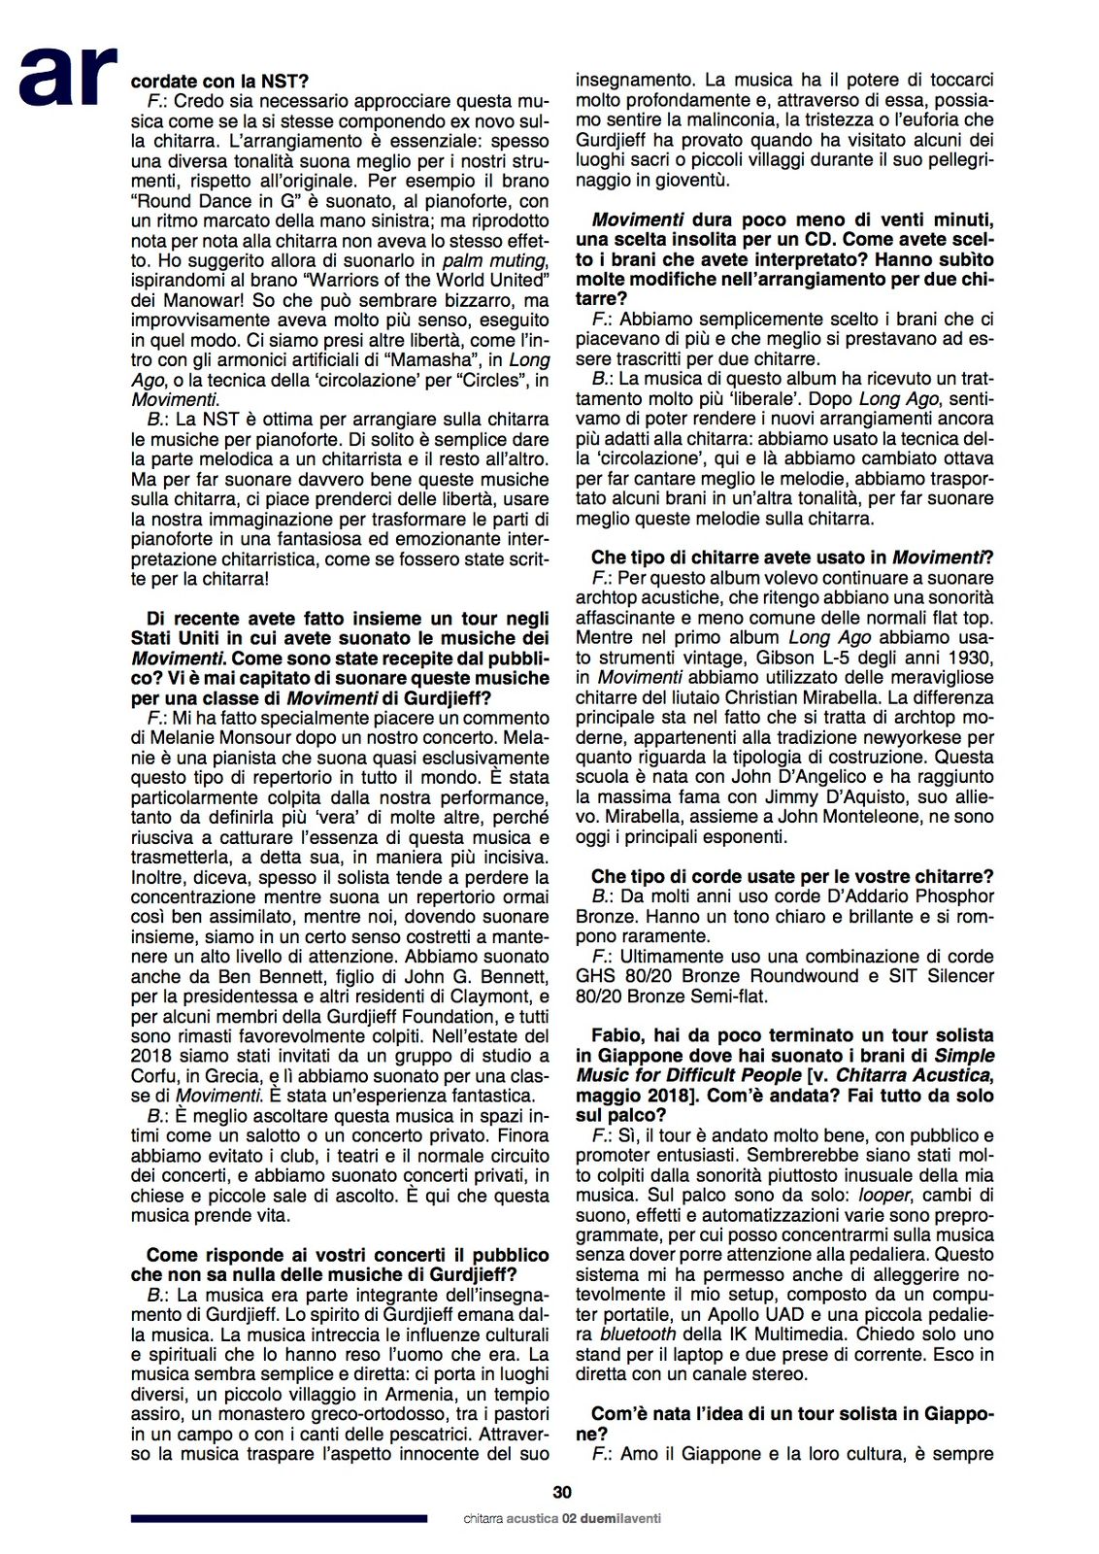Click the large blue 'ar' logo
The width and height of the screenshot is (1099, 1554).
[68, 75]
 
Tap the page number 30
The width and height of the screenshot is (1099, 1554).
[562, 1493]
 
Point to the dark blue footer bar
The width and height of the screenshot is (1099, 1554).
[279, 1518]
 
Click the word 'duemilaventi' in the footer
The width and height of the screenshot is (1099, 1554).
[621, 1518]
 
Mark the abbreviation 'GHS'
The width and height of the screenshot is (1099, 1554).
[595, 975]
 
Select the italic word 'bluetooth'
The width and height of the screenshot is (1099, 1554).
[637, 1334]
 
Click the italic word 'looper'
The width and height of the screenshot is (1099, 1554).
[882, 1195]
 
